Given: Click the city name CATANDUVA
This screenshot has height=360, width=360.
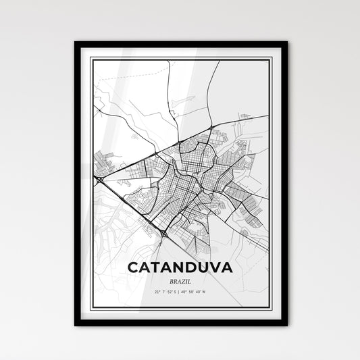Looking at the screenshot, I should (x=179, y=267).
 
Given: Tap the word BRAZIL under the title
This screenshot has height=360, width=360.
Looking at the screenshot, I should (x=180, y=280).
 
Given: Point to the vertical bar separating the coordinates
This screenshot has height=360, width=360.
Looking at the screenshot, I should (x=180, y=292).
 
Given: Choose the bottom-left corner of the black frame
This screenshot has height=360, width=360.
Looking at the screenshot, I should (x=76, y=325).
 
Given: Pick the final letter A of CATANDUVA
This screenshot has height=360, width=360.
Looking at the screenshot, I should (x=227, y=267).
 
